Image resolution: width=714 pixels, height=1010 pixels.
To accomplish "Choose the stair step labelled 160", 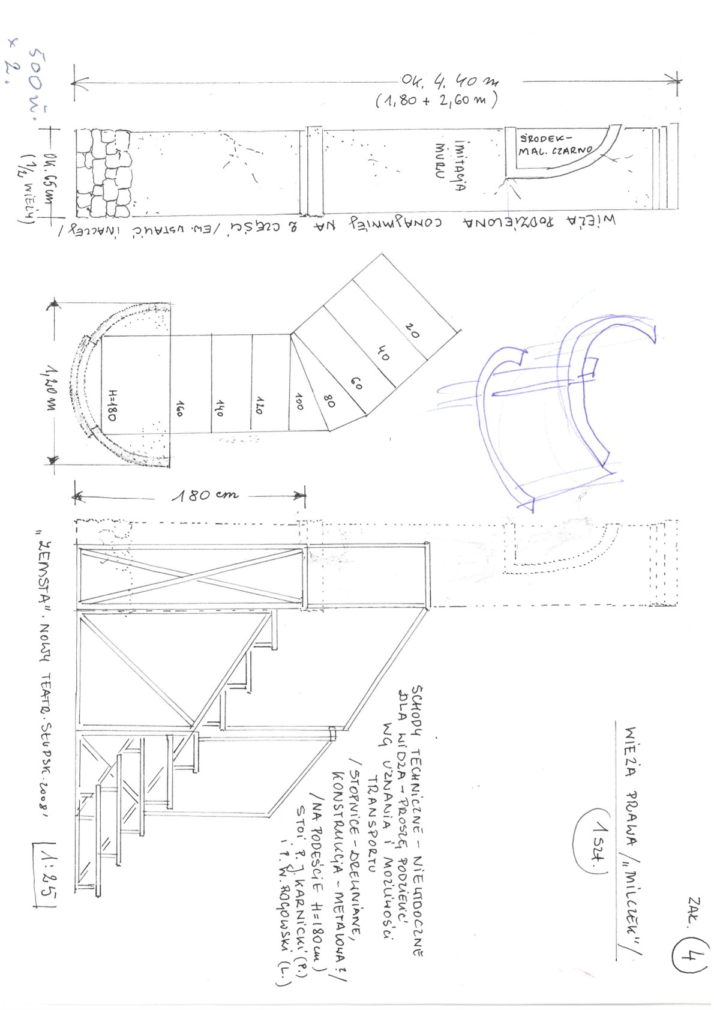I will pos(179,410).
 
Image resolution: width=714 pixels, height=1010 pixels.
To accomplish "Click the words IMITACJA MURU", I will pos(450,165).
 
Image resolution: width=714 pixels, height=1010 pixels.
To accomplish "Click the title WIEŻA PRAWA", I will pos(629,762).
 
